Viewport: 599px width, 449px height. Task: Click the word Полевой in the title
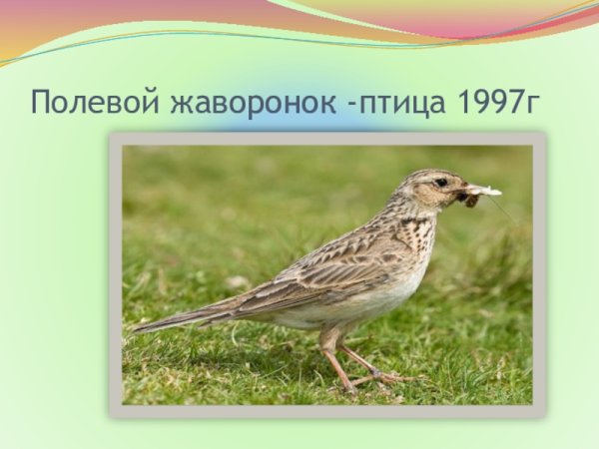coord(89,102)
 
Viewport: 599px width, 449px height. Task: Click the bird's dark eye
coord(440,183)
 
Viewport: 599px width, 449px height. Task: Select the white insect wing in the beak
coord(484,190)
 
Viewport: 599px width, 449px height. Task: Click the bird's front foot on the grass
coord(389,378)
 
